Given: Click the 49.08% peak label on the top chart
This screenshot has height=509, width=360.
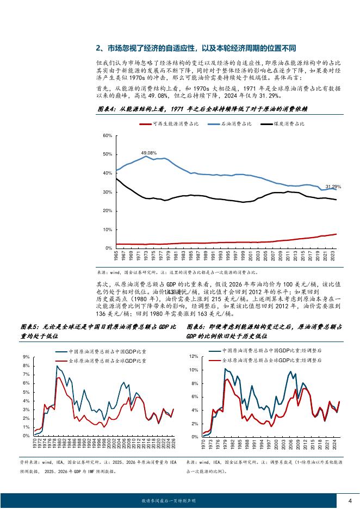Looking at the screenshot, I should click(148, 153).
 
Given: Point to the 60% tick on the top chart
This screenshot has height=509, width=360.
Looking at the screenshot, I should click(108, 135).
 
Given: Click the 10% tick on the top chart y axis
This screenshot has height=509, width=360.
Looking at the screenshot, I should click(108, 229).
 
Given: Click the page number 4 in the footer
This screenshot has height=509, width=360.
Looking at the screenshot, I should click(350, 500).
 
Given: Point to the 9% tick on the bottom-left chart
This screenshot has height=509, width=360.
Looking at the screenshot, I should click(26, 356).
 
